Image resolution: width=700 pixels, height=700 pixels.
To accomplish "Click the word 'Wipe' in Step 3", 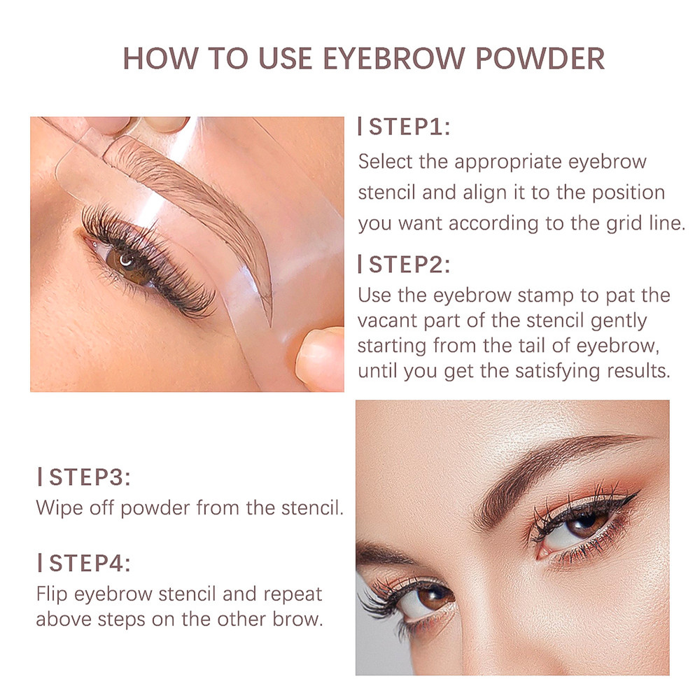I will pos(58,507).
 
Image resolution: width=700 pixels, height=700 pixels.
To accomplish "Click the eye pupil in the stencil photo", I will pos(128,262).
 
